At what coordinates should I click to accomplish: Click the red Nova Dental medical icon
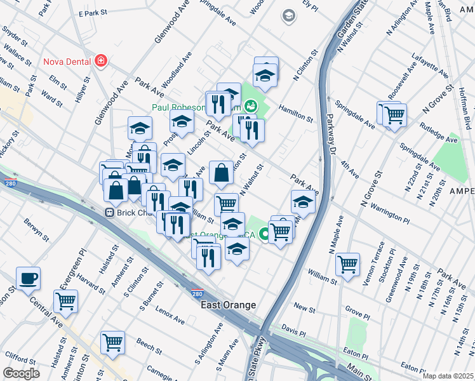pyautogui.click(x=100, y=62)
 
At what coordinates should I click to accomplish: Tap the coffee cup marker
pyautogui.click(x=28, y=278)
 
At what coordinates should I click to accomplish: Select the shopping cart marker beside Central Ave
pyautogui.click(x=65, y=300)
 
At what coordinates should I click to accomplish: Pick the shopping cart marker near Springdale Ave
pyautogui.click(x=394, y=116)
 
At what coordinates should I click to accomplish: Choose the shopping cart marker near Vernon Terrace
pyautogui.click(x=347, y=264)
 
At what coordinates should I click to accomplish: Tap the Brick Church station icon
pyautogui.click(x=110, y=212)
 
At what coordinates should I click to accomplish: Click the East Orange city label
pyautogui.click(x=229, y=305)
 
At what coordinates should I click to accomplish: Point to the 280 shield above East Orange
pyautogui.click(x=197, y=293)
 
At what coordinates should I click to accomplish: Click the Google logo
pyautogui.click(x=21, y=373)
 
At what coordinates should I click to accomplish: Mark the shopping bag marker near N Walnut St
pyautogui.click(x=220, y=172)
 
